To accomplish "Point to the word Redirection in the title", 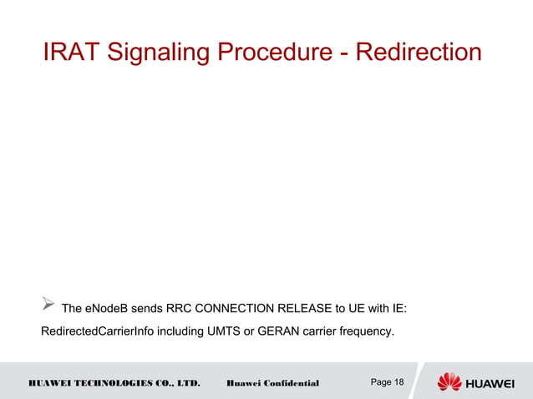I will (x=418, y=53).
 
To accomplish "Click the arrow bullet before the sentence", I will (x=48, y=309).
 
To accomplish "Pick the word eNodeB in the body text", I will (x=108, y=310).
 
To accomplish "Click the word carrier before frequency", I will (x=322, y=332).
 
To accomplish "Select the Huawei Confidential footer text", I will (x=272, y=383).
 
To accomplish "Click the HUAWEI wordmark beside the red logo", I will (x=495, y=382).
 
